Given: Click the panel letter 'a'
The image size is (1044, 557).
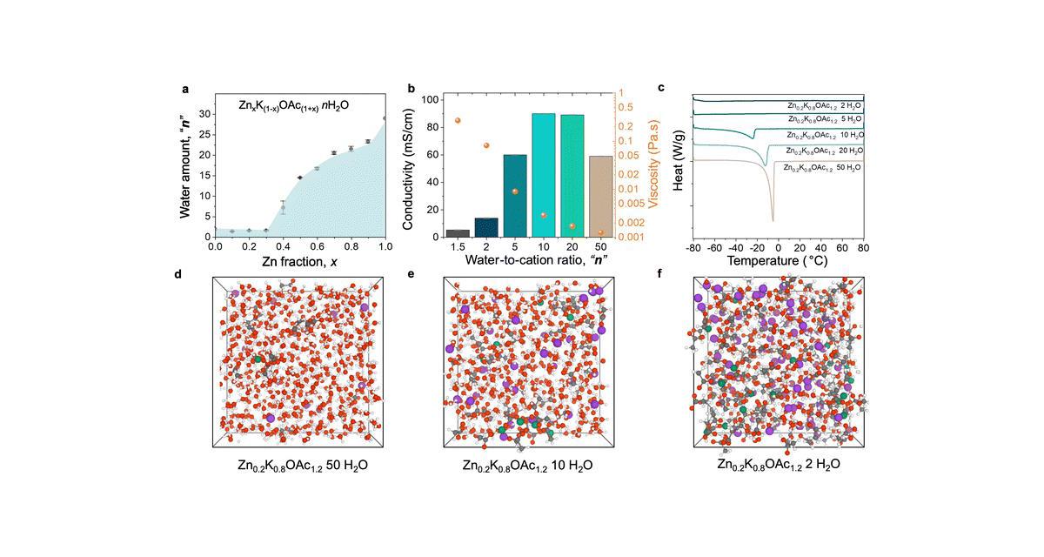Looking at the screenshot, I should [x=185, y=88].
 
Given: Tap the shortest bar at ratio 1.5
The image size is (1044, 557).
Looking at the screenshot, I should [x=458, y=232].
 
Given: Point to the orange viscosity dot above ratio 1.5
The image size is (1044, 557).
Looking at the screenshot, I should [x=458, y=121].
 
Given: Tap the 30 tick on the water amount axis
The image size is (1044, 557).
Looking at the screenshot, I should [x=202, y=113].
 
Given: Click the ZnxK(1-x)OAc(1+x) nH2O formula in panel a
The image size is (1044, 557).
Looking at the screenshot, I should [x=295, y=104].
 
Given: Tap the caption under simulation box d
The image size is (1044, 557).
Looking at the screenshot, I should [x=303, y=466].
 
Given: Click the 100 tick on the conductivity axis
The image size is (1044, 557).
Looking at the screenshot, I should [x=432, y=99].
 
